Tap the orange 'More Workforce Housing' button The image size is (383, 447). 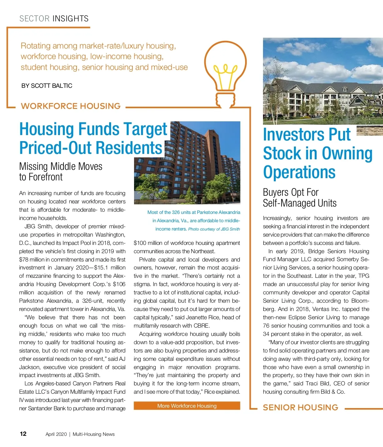[x=187, y=406]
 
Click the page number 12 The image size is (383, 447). [x=23, y=434]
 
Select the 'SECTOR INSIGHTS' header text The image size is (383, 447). [x=54, y=19]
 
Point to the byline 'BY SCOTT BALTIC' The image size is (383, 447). [x=47, y=86]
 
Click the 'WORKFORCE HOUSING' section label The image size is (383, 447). [x=71, y=106]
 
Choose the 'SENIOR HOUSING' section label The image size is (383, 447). [x=300, y=407]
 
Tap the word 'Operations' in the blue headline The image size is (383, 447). [x=299, y=172]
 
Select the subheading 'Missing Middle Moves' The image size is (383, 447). [x=61, y=166]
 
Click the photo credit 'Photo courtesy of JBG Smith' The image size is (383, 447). [x=214, y=229]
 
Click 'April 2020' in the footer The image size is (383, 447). [x=56, y=434]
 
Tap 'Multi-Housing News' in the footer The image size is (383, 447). [x=94, y=434]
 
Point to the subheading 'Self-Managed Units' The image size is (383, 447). [x=300, y=203]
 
